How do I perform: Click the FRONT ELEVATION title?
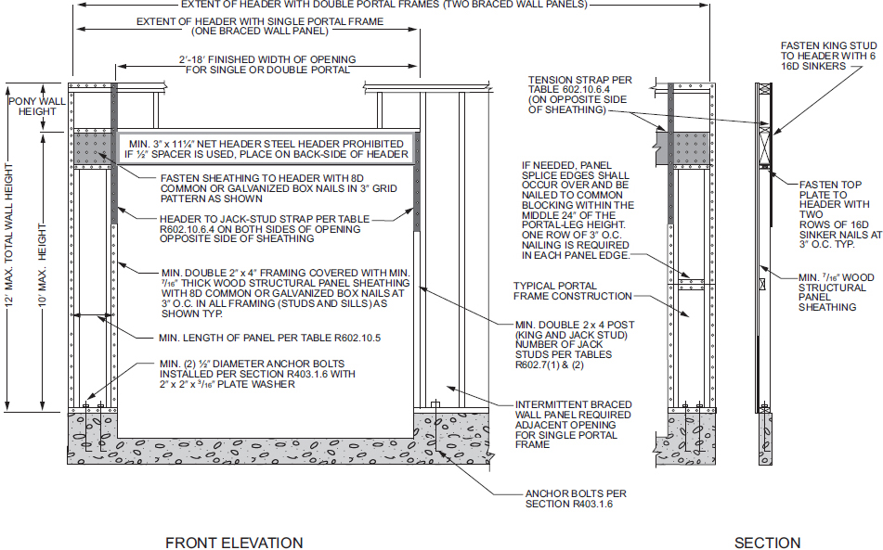(234, 543)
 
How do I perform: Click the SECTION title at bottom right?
(767, 543)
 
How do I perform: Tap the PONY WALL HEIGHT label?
(37, 107)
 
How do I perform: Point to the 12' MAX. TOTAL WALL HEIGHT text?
(9, 235)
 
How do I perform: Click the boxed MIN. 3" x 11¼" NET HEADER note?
(266, 149)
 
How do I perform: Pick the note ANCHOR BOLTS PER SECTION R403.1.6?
(576, 499)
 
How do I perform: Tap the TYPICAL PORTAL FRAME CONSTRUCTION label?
(573, 291)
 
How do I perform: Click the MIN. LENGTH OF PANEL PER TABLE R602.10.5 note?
(270, 338)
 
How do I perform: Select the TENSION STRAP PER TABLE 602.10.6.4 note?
(580, 95)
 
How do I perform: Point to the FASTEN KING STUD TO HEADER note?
(828, 56)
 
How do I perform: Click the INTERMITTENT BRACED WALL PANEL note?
(573, 425)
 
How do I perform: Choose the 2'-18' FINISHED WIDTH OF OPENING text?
(267, 65)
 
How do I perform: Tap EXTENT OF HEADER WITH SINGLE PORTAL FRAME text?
(260, 26)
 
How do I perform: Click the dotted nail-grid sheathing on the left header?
(93, 147)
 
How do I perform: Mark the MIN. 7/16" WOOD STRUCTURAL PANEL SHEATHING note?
(837, 292)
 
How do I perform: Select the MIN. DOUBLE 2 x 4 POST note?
(575, 345)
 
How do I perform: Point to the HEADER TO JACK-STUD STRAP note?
(265, 229)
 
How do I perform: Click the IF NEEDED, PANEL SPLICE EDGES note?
(578, 211)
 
